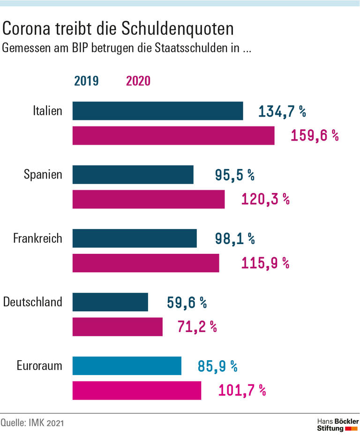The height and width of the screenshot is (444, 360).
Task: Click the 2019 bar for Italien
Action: click(x=157, y=111)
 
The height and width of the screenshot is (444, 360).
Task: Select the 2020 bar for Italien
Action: click(x=173, y=136)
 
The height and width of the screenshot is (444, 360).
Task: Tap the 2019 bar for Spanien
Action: click(x=133, y=175)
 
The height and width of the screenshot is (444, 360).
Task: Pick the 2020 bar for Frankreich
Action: click(x=145, y=263)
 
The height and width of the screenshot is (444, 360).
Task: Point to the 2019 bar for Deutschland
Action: click(x=110, y=302)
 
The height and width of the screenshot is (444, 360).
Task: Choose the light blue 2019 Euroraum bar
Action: click(x=127, y=366)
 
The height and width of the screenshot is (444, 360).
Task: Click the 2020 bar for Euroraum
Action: click(x=136, y=390)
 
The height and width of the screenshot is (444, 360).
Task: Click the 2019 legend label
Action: click(x=86, y=81)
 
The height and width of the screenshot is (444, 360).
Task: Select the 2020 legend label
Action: click(x=138, y=81)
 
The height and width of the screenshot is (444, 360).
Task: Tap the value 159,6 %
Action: click(x=315, y=136)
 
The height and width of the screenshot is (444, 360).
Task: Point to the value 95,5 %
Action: click(x=234, y=175)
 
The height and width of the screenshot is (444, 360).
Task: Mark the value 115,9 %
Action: click(x=265, y=263)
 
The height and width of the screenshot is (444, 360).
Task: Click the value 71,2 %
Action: click(x=197, y=326)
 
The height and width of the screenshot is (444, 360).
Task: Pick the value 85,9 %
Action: click(x=217, y=366)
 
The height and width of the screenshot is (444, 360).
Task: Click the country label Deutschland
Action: click(x=33, y=302)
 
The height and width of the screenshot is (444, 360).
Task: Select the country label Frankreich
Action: click(x=37, y=238)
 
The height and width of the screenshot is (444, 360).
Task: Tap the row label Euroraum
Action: click(x=39, y=365)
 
